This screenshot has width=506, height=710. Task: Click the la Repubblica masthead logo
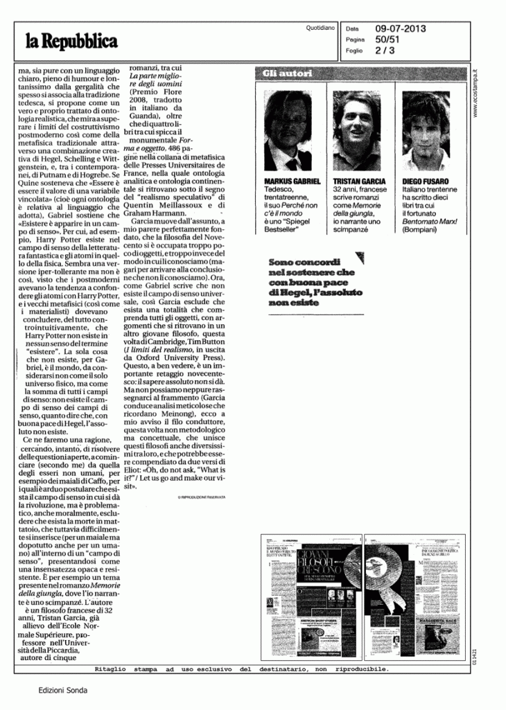72,42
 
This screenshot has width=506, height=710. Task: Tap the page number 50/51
388,40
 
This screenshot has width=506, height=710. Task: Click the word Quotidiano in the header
320,28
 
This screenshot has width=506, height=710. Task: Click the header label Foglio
353,51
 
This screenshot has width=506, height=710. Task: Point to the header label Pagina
354,40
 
